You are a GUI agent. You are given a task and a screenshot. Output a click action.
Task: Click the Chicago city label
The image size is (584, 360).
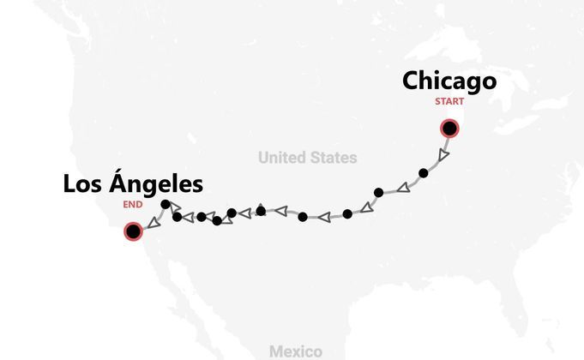[x=449, y=81]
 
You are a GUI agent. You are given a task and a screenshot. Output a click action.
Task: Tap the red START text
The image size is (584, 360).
[x=449, y=102]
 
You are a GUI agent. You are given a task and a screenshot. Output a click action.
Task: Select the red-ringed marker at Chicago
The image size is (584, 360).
[x=449, y=129]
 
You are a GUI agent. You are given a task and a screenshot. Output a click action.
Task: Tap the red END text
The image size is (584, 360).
[x=132, y=205]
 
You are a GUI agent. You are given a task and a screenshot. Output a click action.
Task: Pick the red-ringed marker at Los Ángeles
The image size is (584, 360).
[x=133, y=231]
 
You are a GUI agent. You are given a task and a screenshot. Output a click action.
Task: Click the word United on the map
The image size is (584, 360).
[x=285, y=158]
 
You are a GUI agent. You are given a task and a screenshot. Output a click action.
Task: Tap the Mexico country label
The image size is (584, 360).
[x=295, y=351]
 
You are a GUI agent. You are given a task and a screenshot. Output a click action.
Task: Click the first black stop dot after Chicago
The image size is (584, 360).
[x=423, y=173]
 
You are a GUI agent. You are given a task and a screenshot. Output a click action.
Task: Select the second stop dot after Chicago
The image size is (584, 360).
[x=378, y=192]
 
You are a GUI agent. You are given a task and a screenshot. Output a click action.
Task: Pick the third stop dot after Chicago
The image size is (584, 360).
[x=347, y=213]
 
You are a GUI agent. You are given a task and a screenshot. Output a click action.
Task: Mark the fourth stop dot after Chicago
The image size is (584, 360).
[x=303, y=217]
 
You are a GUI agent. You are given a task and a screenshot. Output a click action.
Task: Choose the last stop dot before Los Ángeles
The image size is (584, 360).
[x=165, y=204]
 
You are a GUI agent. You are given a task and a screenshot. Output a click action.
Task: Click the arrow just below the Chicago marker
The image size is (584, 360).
[x=441, y=155]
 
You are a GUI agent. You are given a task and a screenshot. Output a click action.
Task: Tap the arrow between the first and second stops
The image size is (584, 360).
[x=402, y=184]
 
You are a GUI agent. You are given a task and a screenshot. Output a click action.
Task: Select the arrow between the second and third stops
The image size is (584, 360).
[x=365, y=207]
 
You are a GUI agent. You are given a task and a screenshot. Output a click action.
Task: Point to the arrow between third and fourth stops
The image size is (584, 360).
[x=324, y=217]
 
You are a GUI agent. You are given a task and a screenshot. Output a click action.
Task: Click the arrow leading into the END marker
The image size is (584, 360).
[x=149, y=222]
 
